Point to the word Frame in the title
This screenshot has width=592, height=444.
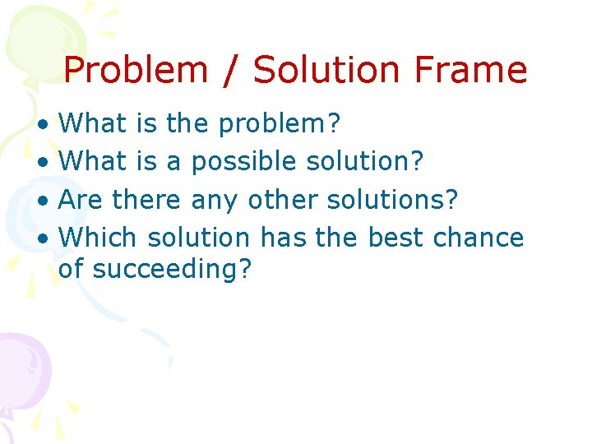point(471,71)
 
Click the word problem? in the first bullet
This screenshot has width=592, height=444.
point(280,125)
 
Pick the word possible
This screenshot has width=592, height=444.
point(244,163)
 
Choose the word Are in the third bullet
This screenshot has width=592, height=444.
point(81,200)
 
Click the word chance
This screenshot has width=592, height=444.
point(478,238)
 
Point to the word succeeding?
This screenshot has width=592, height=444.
point(172,269)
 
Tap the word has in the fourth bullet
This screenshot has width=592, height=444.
point(280,238)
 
